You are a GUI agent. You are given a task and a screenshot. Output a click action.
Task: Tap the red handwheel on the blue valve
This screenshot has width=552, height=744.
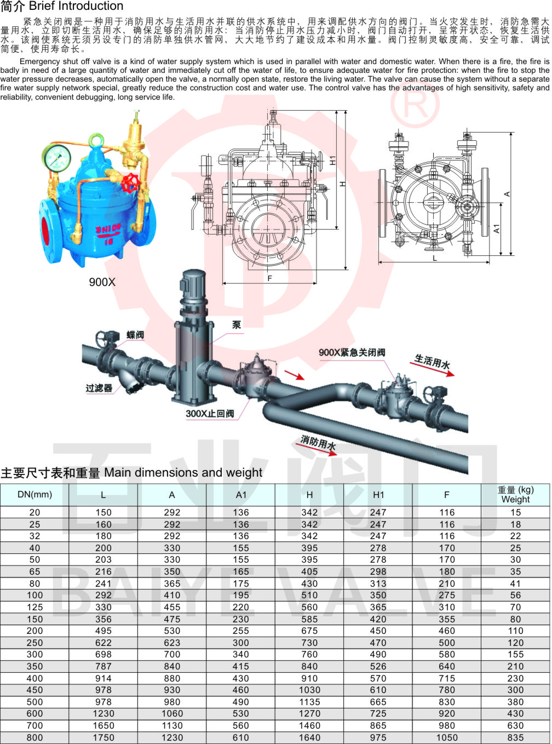130,183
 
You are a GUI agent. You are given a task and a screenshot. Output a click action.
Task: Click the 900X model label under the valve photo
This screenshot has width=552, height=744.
102,282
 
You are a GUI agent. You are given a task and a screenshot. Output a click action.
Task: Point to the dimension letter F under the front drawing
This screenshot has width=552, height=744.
269,278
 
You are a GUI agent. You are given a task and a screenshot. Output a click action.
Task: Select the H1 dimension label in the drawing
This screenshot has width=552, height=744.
332,161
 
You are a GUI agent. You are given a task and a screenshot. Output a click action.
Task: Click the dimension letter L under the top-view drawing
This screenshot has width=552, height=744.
434,258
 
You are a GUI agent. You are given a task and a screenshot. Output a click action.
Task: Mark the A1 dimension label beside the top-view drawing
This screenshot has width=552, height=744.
497,229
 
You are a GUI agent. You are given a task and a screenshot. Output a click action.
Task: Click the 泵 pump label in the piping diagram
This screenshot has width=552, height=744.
237,325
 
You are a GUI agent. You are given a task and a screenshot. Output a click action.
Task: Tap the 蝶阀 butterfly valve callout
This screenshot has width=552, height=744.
135,335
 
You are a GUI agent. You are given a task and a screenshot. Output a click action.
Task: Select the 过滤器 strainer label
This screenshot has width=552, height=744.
99,388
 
